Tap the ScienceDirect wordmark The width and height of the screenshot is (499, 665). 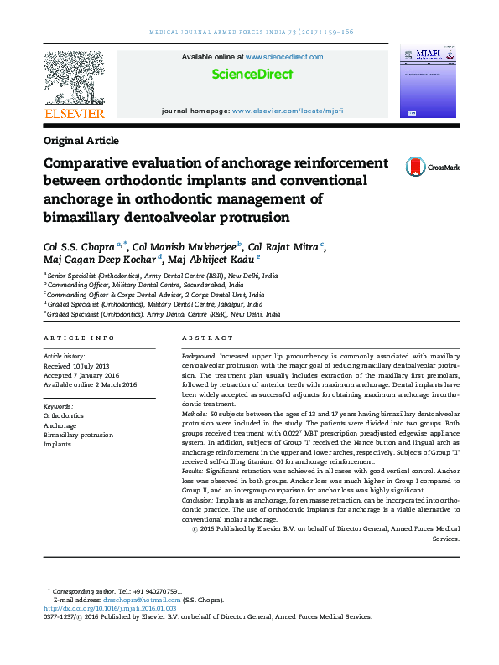pos(252,74)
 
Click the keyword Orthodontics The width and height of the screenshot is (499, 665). pos(64,415)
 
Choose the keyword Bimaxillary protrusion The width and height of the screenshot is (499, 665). pos(78,436)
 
